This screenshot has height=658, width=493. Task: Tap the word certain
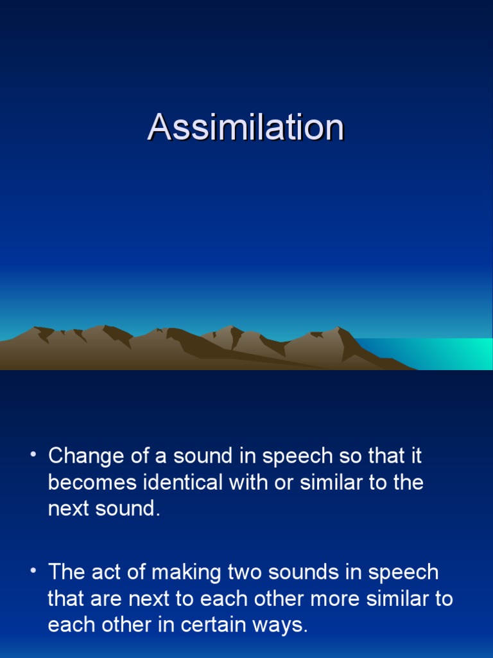(x=201, y=625)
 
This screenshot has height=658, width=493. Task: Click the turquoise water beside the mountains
(x=449, y=353)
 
